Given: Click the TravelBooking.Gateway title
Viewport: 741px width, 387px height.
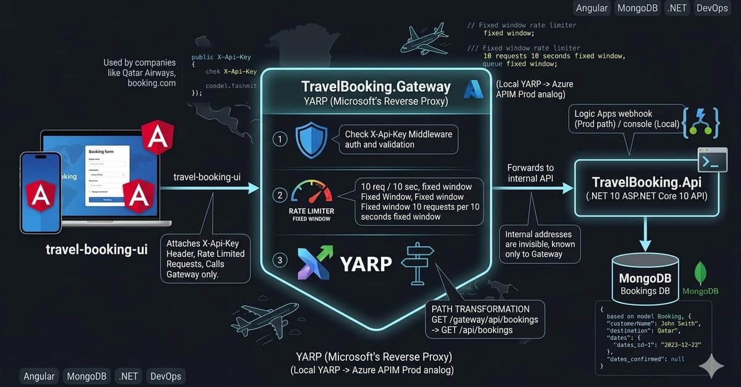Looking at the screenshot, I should [x=375, y=86].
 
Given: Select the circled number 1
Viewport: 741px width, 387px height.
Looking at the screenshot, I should [x=280, y=139].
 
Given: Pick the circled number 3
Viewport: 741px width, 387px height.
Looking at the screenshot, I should [x=280, y=260].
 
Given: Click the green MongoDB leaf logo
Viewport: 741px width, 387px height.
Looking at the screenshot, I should [x=700, y=273].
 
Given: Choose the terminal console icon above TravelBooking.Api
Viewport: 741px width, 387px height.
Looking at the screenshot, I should [x=711, y=160].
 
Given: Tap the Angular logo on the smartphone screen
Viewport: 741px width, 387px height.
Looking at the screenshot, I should [x=41, y=196].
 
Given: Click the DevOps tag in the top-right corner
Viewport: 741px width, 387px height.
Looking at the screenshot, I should [x=712, y=8].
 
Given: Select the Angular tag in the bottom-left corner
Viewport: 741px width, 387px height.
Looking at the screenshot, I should [x=39, y=376].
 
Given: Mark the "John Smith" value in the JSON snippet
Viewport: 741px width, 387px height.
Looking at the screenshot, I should [x=672, y=323].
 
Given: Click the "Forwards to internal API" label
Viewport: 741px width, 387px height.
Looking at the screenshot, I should [x=530, y=173].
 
